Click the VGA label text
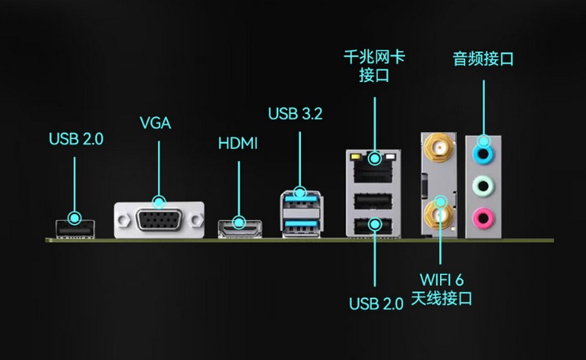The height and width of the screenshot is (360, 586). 155,123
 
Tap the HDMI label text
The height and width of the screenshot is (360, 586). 238,144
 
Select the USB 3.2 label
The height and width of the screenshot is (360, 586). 295,114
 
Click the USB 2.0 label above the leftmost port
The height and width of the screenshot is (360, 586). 76,140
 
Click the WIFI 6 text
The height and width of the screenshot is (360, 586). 442,280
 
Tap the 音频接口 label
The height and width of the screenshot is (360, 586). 483,59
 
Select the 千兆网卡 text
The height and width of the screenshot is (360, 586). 374,57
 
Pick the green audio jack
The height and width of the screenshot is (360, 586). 484,186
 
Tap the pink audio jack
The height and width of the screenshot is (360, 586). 484,216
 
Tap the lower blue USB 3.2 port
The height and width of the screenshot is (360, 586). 302,226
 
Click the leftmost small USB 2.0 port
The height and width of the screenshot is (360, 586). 75,229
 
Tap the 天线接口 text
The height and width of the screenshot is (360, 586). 442,298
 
